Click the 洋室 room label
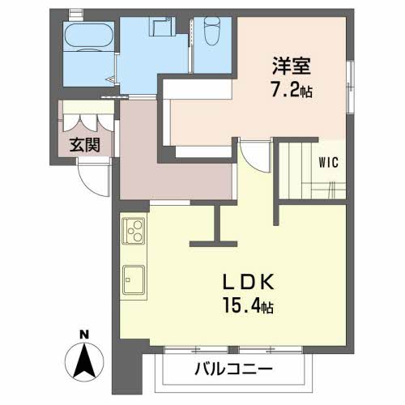coord(292,66)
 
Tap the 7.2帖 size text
coord(292,90)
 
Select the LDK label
coord(249,282)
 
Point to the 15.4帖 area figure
coord(249,305)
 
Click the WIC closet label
coord(328,163)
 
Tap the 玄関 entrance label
coord(85,145)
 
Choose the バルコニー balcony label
coord(233,369)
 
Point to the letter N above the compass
coord(84,335)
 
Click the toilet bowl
coord(213,30)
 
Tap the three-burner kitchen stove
coord(134,231)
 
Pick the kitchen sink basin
coord(134,280)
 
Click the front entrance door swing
coord(94,177)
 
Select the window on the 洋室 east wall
coord(350,87)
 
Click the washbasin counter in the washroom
coord(162,26)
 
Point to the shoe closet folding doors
coord(88,123)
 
